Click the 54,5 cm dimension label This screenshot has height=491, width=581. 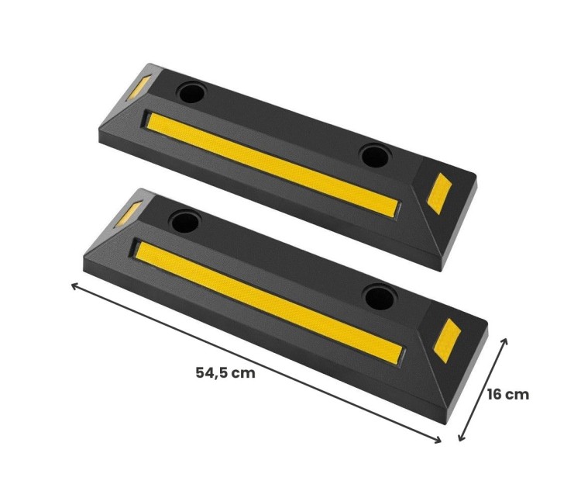coord(225,372)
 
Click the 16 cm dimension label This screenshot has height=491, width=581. coord(508,394)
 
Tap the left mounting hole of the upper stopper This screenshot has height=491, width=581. coord(191,92)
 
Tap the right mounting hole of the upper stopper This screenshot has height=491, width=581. coord(375,156)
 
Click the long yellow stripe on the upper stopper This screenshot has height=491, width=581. coord(273,164)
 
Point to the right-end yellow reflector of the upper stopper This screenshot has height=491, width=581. coord(439,193)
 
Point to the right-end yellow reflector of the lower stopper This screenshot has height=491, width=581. coord(448,341)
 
